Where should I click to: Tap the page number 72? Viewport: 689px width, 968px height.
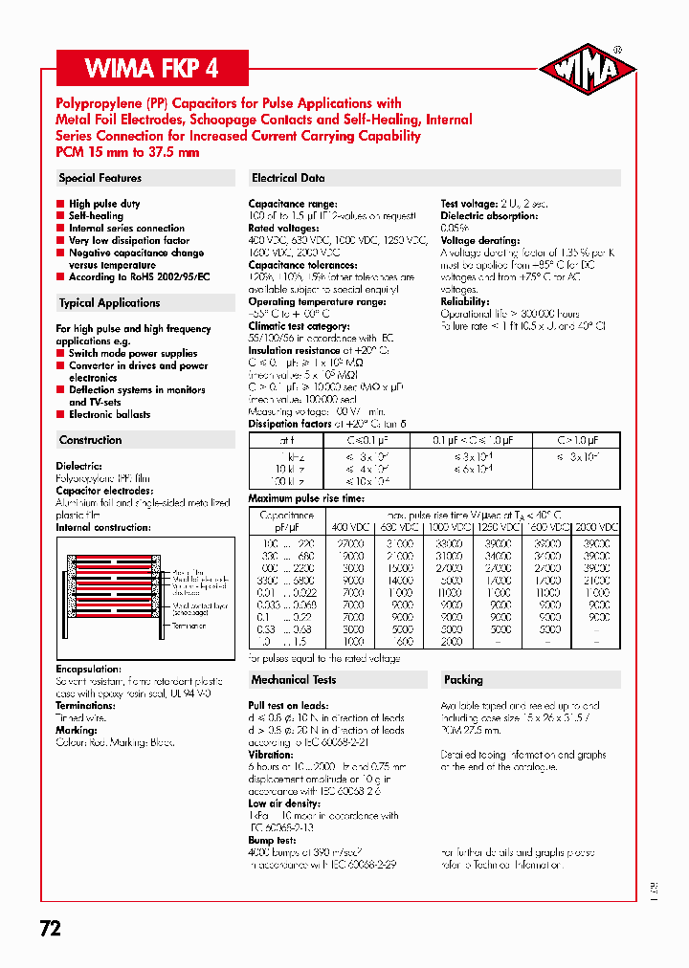click(51, 928)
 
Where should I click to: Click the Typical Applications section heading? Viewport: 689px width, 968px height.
click(109, 303)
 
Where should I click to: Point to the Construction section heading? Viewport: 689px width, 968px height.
click(91, 440)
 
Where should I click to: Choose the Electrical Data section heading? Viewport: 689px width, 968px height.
click(288, 178)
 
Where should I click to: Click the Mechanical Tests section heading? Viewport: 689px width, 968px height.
click(294, 679)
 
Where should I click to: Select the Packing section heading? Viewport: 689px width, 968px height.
click(463, 679)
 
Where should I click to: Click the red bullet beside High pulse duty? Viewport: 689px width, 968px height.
click(60, 204)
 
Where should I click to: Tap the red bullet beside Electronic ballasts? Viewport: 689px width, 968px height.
click(60, 415)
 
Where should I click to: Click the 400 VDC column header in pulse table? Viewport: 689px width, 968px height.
click(348, 527)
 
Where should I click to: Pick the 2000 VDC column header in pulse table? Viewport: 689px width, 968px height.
click(597, 527)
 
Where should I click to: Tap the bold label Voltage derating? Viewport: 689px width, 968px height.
click(479, 240)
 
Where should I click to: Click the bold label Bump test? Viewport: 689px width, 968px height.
click(274, 840)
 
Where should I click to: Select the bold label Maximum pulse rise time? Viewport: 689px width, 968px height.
click(305, 498)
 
